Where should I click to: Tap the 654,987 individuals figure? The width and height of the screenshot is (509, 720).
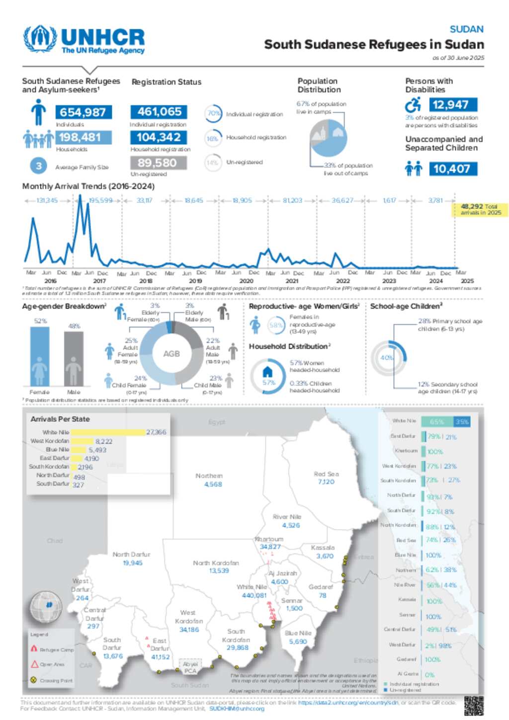tap(83, 112)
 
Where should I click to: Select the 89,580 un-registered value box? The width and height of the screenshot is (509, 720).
tap(158, 163)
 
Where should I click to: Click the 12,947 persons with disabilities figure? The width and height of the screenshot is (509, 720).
tap(450, 105)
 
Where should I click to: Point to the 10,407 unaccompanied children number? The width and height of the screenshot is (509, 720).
tap(452, 169)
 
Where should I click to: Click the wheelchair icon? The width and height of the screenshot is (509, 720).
tap(413, 105)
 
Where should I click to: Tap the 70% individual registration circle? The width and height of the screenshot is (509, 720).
tap(214, 113)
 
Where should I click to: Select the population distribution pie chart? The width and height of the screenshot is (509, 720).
tap(328, 138)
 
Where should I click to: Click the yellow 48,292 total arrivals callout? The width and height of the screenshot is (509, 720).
tap(480, 209)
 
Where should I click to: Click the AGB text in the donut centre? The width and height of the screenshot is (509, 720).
tap(171, 354)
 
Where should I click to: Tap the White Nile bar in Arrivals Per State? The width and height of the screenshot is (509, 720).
tap(108, 432)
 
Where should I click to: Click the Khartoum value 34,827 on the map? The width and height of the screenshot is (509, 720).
tap(270, 547)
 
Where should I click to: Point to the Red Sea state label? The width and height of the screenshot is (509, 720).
tap(326, 474)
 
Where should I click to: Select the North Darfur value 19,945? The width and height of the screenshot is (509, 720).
tap(133, 563)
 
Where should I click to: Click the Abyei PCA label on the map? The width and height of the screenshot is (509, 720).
tap(190, 667)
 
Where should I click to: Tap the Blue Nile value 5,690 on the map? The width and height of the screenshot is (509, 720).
tap(298, 641)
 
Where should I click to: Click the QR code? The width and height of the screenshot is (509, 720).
tap(473, 706)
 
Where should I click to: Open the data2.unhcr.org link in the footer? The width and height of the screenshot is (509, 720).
tap(348, 703)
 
